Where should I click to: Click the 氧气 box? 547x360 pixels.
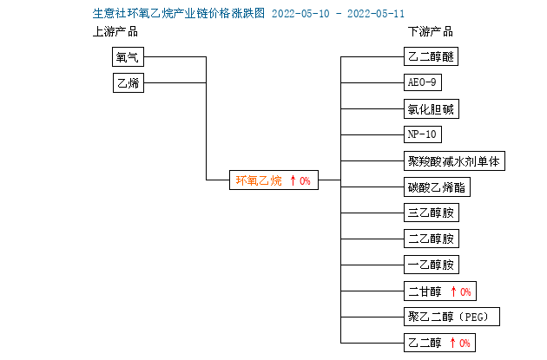click(128, 56)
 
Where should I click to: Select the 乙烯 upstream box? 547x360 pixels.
click(129, 82)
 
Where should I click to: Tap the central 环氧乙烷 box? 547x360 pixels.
click(273, 180)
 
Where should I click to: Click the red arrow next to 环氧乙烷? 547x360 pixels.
click(293, 180)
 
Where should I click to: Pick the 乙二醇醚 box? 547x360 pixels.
click(431, 56)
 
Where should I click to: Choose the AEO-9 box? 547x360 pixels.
click(423, 82)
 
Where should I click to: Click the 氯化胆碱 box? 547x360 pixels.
click(432, 109)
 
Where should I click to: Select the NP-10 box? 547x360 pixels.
click(423, 134)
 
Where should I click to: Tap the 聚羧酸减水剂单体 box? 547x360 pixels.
click(454, 161)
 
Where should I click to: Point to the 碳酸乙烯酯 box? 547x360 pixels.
click(437, 187)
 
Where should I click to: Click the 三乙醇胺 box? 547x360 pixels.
click(432, 213)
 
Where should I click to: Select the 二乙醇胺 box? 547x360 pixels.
click(432, 239)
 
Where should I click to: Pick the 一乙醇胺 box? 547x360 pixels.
click(432, 265)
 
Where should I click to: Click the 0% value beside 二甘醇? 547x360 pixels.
click(465, 291)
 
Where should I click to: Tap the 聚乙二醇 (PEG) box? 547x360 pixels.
click(451, 317)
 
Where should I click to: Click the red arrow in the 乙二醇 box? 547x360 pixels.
click(453, 343)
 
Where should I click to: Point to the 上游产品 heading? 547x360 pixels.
click(115, 31)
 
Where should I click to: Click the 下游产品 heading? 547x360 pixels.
click(431, 31)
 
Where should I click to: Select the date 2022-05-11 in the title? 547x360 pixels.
click(376, 14)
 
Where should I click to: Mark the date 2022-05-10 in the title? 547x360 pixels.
click(300, 14)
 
